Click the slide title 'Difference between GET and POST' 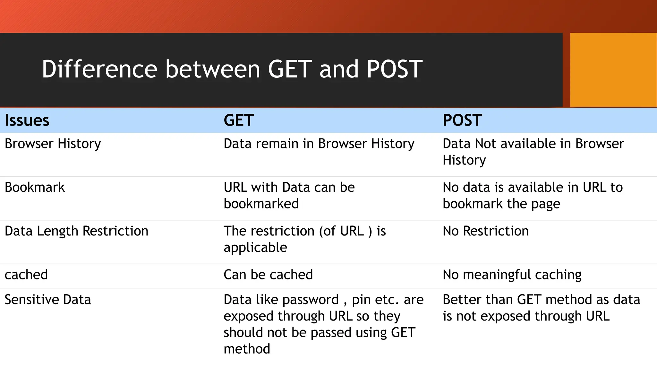(232, 69)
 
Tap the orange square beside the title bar (613, 70)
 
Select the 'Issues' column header (27, 120)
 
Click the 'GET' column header (239, 120)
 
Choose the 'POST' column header (462, 120)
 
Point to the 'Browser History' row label (53, 144)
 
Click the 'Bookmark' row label (35, 187)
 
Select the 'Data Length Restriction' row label (76, 231)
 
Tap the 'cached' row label (26, 275)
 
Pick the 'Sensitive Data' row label (48, 300)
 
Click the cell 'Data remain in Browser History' (319, 144)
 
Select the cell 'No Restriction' (485, 231)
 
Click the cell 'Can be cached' (268, 275)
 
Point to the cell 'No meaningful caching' (512, 275)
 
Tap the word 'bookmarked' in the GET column (261, 204)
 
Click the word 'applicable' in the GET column (255, 248)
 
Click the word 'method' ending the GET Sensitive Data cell (247, 349)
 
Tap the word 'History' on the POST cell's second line (464, 160)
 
